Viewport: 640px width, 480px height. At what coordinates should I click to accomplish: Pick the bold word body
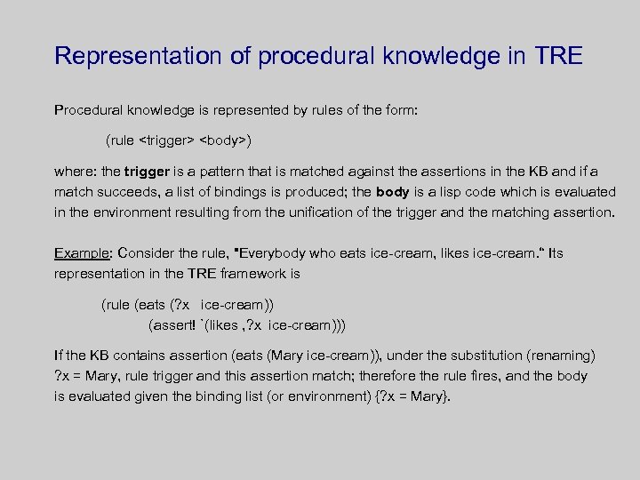pos(393,192)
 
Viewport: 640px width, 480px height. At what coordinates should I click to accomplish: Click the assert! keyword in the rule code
pos(174,324)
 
